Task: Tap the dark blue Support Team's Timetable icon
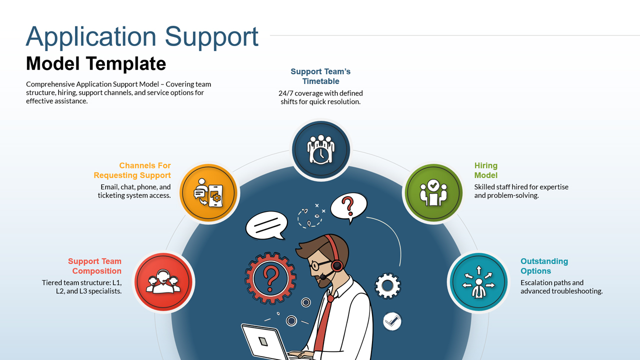pos(320,148)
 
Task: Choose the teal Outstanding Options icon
pos(478,282)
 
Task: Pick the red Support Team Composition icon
pos(163,282)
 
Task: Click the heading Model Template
pos(96,63)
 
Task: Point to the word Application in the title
pos(91,37)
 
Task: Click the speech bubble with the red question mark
pos(348,206)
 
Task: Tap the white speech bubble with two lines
pos(266,224)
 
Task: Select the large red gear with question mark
pos(270,276)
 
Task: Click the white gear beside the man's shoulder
pos(387,286)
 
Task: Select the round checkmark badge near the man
pos(392,321)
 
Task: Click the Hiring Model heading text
pos(486,170)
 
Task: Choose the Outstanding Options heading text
pos(544,266)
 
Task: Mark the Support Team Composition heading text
pos(95,266)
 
